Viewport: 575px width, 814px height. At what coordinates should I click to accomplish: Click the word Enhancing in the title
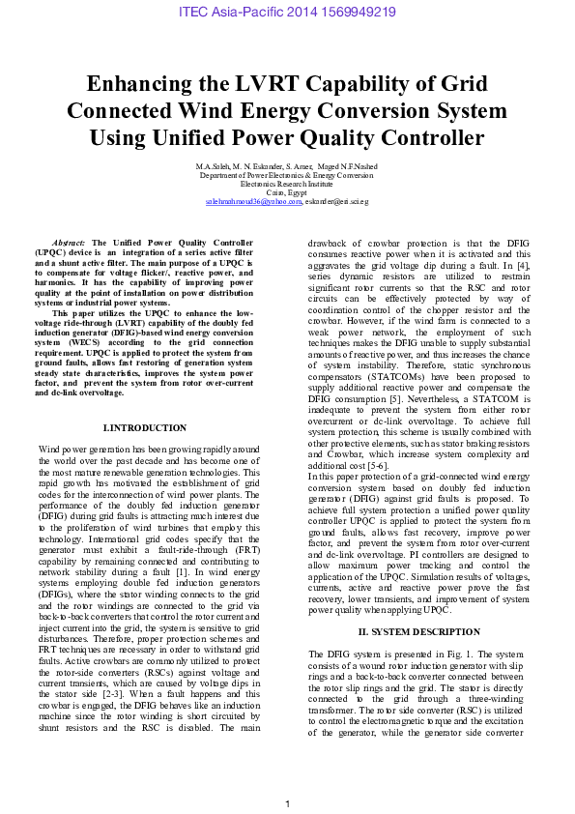click(x=145, y=83)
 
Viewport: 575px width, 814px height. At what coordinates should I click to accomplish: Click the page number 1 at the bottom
click(x=287, y=804)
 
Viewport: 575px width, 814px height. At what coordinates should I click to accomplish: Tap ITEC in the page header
click(x=196, y=13)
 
